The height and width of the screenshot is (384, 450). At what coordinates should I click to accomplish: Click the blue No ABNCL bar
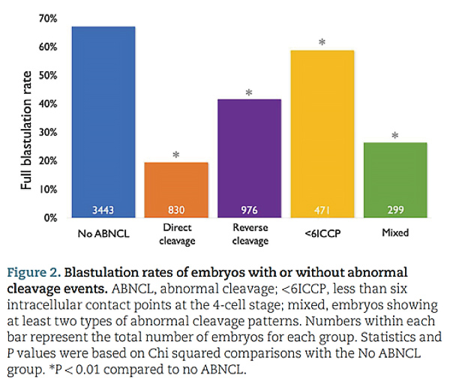(x=103, y=122)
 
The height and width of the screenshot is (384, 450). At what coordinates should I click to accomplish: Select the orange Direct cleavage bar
(x=176, y=190)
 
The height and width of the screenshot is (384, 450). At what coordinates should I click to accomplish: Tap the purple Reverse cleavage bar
(x=250, y=158)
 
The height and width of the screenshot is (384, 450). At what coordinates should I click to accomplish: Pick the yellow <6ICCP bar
(x=322, y=134)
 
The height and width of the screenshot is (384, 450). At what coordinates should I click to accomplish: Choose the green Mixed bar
(x=395, y=180)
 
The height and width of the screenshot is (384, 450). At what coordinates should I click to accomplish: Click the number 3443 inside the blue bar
(x=103, y=210)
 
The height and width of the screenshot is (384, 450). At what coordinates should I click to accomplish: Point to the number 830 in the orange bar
(x=176, y=210)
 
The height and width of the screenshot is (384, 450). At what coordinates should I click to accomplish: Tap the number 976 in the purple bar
(x=249, y=210)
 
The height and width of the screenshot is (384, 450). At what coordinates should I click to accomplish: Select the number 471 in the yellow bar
(x=322, y=210)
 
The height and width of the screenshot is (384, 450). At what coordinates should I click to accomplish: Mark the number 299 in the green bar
(x=395, y=210)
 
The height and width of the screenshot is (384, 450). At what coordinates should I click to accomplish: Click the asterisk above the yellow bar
(x=322, y=42)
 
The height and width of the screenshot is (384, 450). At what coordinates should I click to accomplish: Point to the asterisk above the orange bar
(x=176, y=154)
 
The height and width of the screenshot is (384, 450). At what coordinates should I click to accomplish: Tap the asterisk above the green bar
(x=395, y=135)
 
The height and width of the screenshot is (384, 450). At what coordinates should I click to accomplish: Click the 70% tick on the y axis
(x=48, y=19)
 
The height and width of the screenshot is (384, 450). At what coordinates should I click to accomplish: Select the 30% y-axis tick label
(x=48, y=133)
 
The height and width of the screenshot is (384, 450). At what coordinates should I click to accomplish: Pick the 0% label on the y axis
(x=50, y=218)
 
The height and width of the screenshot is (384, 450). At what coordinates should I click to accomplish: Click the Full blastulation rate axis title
(x=26, y=130)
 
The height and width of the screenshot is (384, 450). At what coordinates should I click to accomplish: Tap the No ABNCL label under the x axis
(x=103, y=233)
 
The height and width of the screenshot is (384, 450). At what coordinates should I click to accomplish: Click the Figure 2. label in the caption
(x=34, y=273)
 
